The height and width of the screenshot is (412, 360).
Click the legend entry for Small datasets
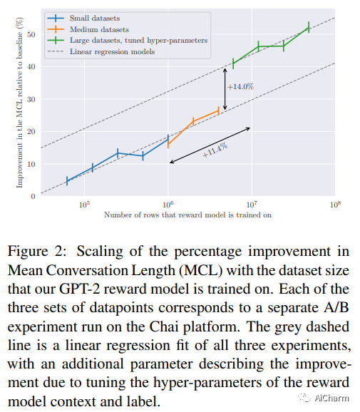click(83, 18)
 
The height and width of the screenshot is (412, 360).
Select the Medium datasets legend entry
click(88, 29)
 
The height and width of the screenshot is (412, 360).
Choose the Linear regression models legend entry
click(101, 51)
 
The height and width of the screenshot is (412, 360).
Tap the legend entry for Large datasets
click(128, 40)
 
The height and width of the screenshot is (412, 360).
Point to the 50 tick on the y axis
click(31, 35)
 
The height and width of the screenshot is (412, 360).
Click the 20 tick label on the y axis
click(31, 132)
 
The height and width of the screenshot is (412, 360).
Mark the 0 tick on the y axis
click(33, 196)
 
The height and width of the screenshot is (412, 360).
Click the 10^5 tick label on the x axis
click(84, 205)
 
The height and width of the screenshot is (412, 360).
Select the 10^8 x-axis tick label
click(335, 205)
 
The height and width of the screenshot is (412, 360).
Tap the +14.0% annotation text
click(240, 87)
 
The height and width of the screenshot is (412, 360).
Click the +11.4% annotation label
click(215, 150)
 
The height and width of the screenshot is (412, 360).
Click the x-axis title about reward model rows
click(188, 215)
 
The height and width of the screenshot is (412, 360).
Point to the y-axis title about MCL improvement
click(19, 103)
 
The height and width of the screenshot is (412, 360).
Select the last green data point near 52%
click(309, 27)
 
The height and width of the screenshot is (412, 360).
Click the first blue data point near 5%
click(67, 181)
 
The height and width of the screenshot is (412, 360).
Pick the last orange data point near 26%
click(218, 110)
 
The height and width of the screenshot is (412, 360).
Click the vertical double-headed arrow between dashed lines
click(225, 89)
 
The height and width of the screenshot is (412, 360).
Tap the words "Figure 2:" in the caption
click(37, 252)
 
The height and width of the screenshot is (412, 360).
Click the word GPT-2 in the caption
click(78, 289)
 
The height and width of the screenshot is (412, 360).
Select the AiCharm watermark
click(324, 398)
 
